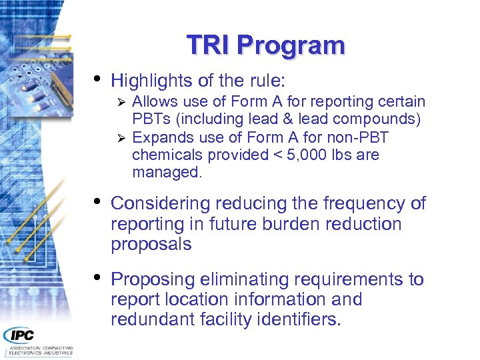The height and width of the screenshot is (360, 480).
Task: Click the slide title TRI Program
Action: [x=265, y=45]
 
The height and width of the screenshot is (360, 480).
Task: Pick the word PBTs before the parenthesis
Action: [x=151, y=120]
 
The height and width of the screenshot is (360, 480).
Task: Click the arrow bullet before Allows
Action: [x=121, y=103]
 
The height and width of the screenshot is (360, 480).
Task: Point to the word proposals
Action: [x=151, y=245]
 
